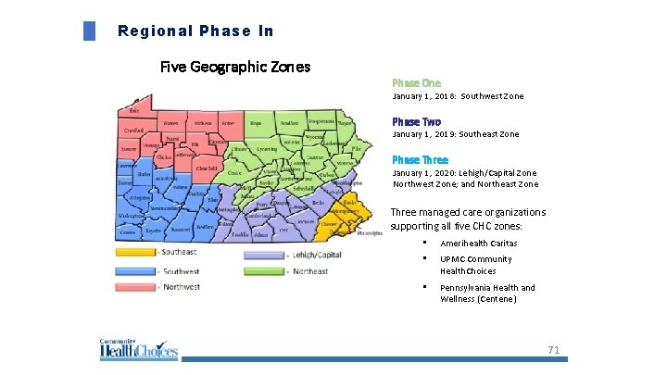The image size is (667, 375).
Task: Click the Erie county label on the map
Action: click(134, 110)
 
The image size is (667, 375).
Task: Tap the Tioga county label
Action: click(257, 122)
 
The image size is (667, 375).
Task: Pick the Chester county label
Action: click(328, 223)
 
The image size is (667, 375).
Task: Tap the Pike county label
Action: click(356, 147)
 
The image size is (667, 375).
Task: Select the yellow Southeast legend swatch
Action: click(134, 252)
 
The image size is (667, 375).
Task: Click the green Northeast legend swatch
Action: click(264, 271)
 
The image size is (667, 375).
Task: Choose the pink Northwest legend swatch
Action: click(134, 286)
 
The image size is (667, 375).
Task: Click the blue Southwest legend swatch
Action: click(134, 271)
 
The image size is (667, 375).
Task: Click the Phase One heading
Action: click(410, 82)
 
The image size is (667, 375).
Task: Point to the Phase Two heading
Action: click(416, 121)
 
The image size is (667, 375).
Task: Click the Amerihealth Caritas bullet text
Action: click(478, 244)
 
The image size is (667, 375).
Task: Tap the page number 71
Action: click(554, 350)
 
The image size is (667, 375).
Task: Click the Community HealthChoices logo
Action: click(138, 350)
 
